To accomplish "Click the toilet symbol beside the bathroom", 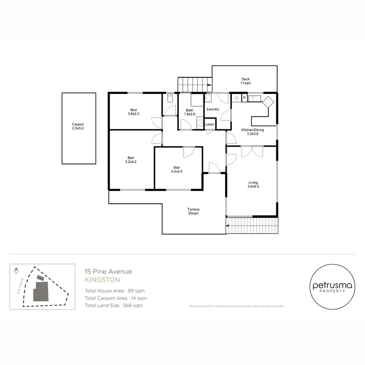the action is (170, 98).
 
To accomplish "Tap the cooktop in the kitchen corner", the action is (268, 102).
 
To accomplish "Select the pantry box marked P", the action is (244, 98).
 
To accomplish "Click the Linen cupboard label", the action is (210, 124).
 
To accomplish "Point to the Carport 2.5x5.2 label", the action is (78, 126).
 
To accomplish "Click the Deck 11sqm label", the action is (246, 81).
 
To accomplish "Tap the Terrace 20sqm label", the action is (193, 211).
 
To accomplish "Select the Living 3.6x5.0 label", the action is (253, 185).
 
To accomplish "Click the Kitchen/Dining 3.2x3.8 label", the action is (252, 132).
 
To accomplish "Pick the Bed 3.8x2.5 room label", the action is (133, 112).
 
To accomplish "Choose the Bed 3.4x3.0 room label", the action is (177, 169).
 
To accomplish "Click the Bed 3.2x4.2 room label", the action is (131, 160).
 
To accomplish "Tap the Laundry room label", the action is (213, 109).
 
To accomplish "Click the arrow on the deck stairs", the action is (210, 85).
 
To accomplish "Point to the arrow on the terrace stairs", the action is (227, 226).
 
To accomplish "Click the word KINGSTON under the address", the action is (102, 280).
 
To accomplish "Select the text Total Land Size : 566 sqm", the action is (114, 306).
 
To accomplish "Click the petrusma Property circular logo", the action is (333, 287).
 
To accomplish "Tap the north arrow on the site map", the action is (16, 271).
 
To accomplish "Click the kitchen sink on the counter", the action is (254, 98).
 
